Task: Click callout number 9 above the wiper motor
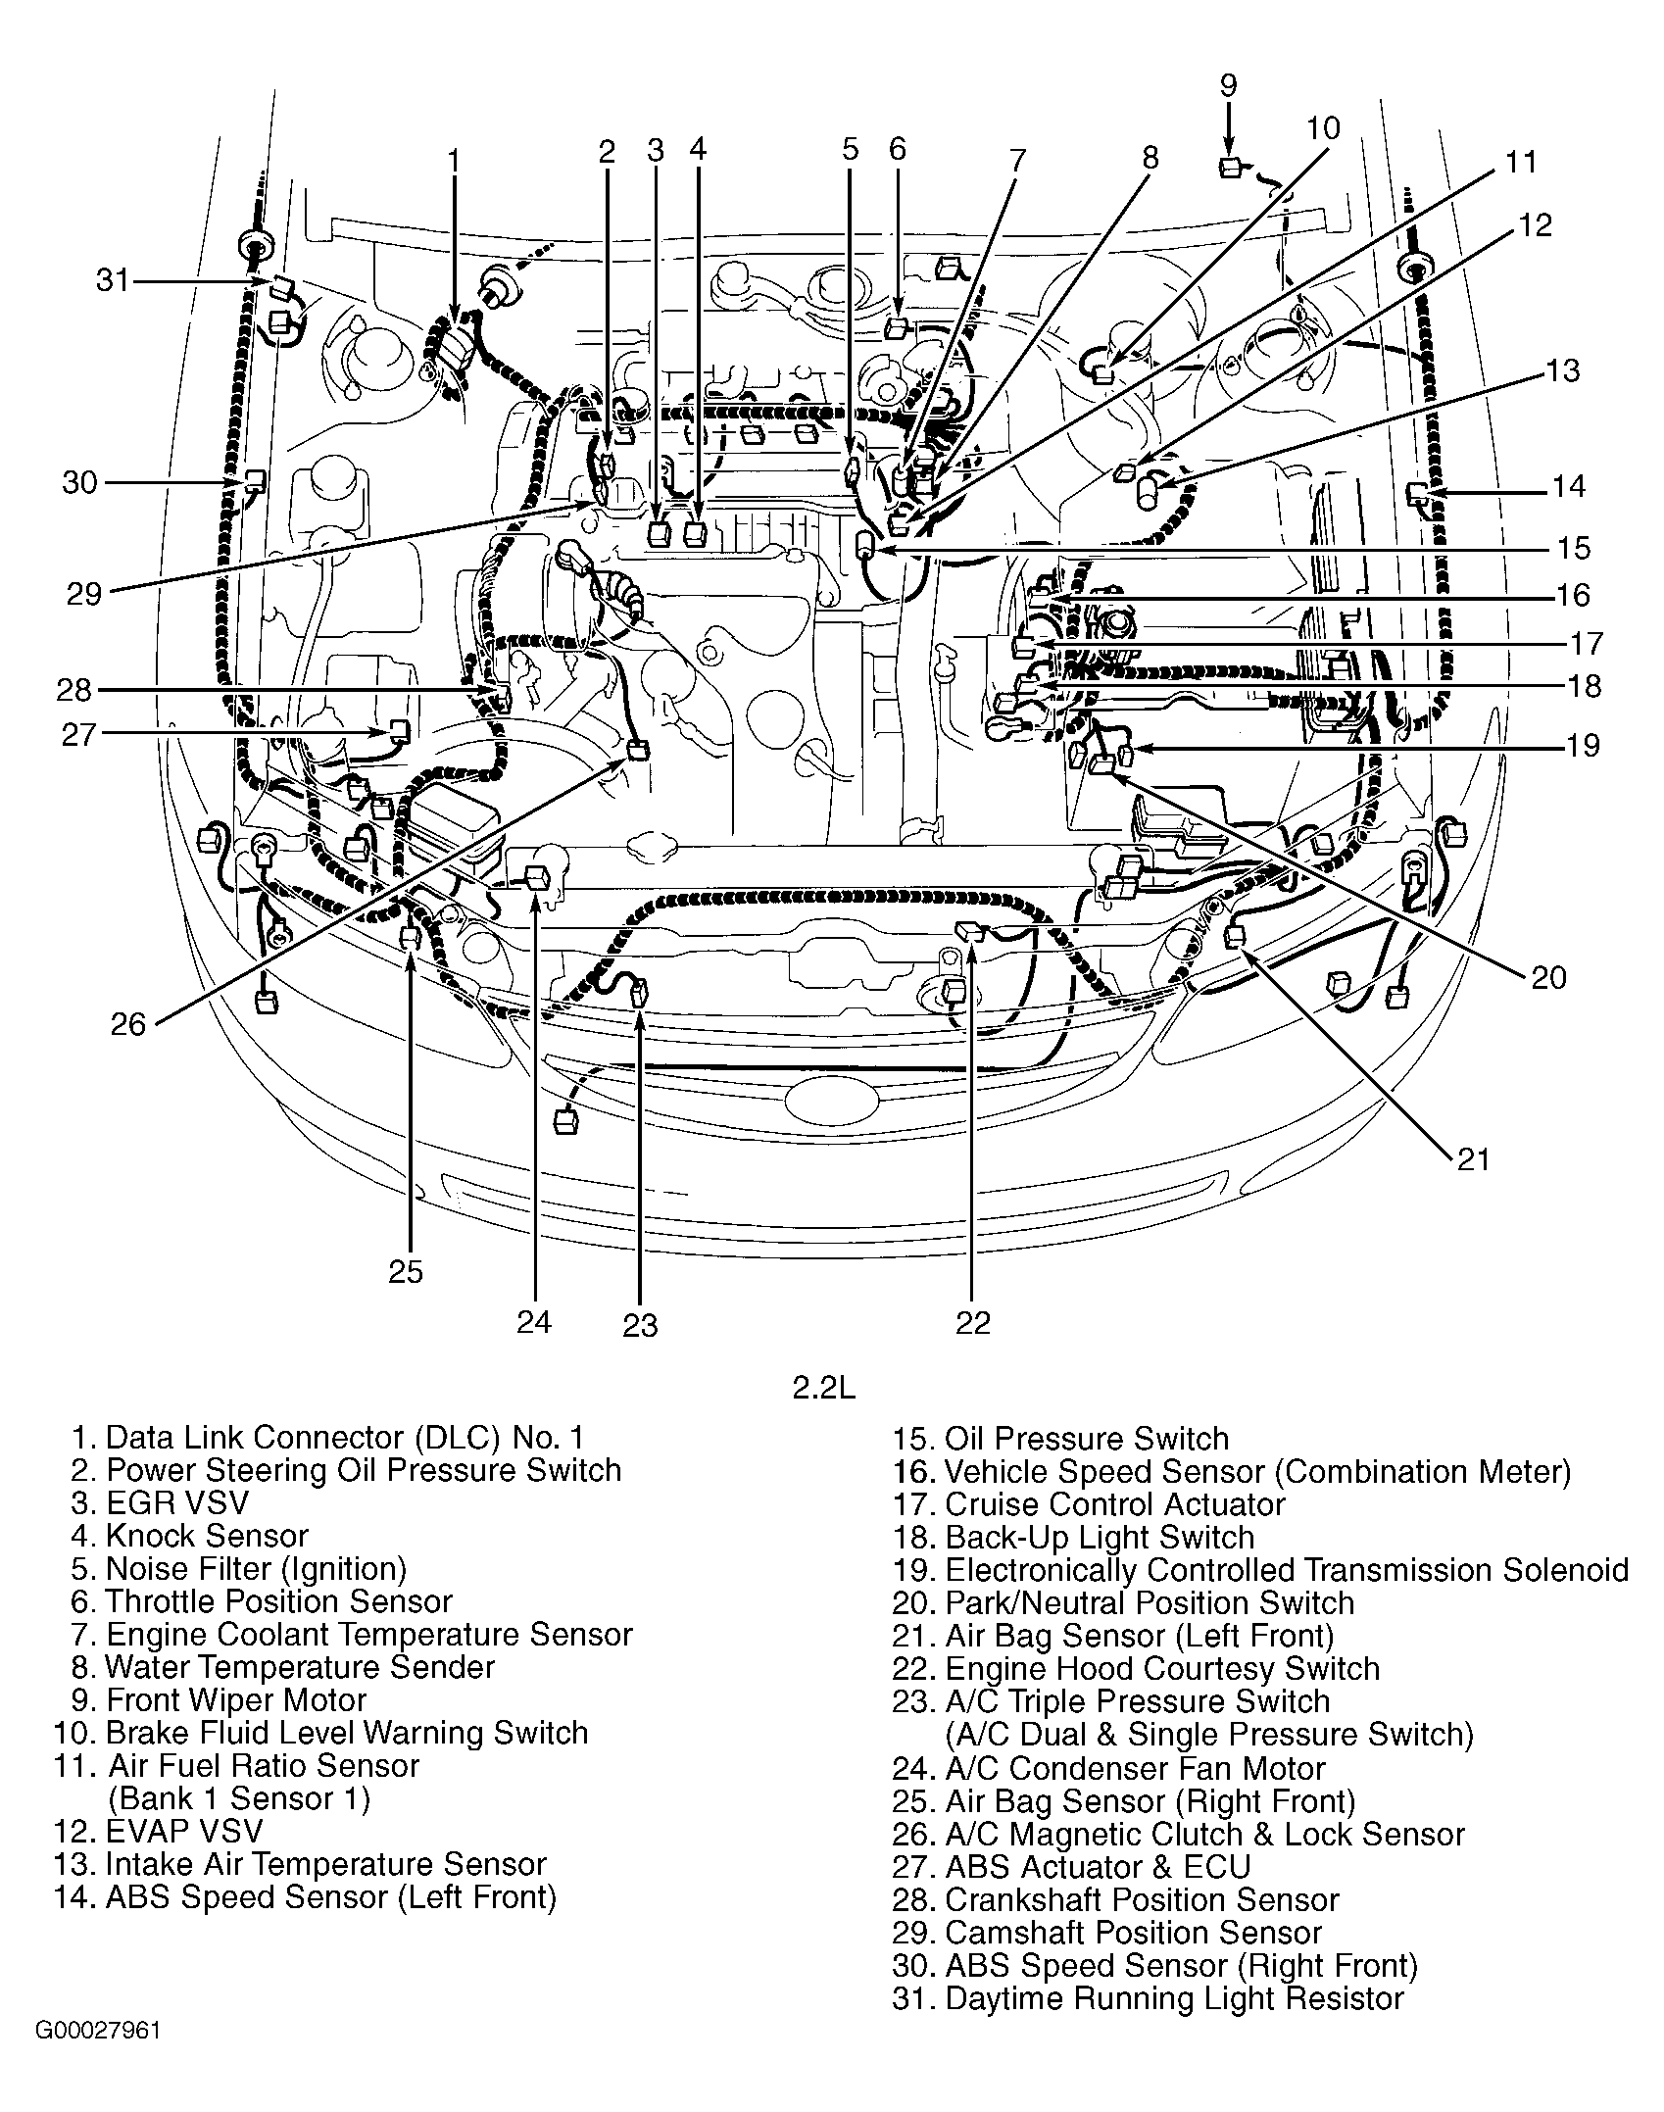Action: pos(1228,84)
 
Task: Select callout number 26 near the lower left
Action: pos(127,1024)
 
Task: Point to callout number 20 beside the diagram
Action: pos(1548,976)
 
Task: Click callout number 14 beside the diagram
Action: pos(1568,486)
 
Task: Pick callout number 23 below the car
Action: pos(640,1325)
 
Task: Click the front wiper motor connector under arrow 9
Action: pos(1230,168)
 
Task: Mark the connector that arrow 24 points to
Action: pos(537,877)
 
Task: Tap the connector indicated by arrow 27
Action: pos(399,729)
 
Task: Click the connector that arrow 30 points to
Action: pos(255,480)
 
